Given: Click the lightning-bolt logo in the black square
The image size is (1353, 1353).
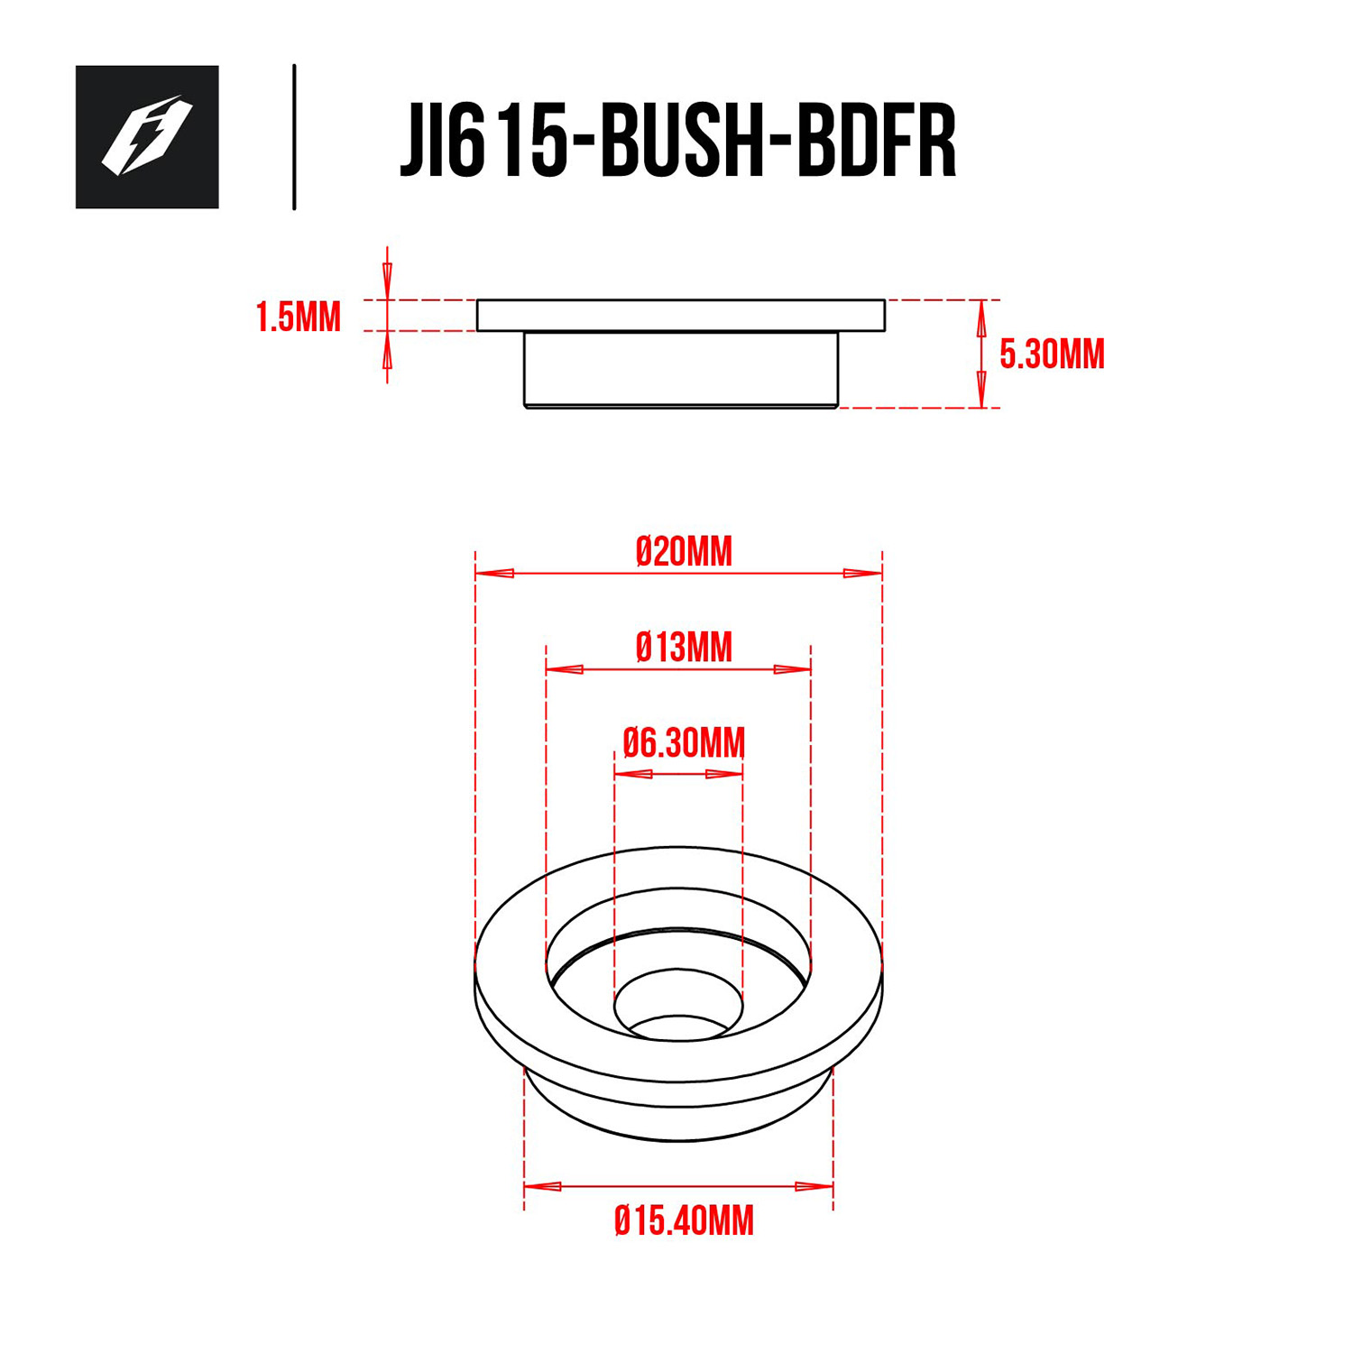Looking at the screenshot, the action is (x=146, y=136).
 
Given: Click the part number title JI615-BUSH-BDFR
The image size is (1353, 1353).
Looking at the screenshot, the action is (x=677, y=141).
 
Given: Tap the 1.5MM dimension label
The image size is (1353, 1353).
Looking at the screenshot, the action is (x=299, y=318).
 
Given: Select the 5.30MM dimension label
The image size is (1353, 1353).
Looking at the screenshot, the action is (x=1052, y=354).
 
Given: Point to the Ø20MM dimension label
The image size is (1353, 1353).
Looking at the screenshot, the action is (x=684, y=551).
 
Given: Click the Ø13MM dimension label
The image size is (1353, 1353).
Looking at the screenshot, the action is (x=684, y=648).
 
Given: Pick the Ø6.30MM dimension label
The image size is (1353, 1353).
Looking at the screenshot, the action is (x=684, y=743).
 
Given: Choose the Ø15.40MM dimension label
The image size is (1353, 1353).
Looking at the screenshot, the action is (x=684, y=1220).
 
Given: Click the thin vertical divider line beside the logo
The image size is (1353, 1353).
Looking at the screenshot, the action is (x=294, y=137).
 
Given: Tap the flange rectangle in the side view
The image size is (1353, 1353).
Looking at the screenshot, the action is (x=681, y=316).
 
